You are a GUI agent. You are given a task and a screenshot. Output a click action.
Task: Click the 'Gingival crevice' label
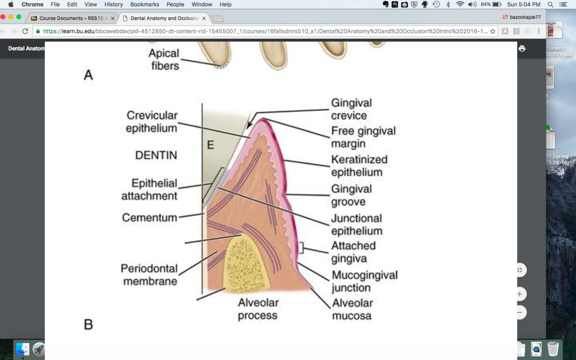(351, 109)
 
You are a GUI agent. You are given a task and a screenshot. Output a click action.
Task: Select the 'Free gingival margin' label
(363, 137)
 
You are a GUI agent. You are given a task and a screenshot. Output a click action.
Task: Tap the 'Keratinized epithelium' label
(359, 166)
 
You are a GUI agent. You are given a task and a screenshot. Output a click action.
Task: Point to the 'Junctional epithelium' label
(356, 224)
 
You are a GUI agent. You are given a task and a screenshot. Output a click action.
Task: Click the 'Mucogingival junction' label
(364, 281)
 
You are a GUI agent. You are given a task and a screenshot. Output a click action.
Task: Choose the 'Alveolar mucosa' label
(352, 309)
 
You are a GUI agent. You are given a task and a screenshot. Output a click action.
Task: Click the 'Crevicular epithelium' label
(152, 122)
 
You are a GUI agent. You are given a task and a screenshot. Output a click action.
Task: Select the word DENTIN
(156, 155)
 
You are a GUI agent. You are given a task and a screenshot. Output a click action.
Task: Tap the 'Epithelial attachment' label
(149, 189)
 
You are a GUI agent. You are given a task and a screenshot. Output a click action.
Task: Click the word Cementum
(149, 217)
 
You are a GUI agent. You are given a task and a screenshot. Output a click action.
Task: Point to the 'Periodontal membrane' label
(149, 275)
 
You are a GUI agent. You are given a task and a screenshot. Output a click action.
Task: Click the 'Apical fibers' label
(164, 60)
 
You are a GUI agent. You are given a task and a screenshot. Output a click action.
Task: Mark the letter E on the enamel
(210, 145)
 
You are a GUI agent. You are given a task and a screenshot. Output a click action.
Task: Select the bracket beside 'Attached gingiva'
(302, 248)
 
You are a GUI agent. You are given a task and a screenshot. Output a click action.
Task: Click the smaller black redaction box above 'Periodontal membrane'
(158, 246)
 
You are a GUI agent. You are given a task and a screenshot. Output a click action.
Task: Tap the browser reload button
(25, 31)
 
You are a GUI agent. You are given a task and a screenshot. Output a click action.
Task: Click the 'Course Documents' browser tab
(71, 19)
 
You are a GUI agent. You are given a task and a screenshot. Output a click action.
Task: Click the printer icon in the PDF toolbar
(522, 48)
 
